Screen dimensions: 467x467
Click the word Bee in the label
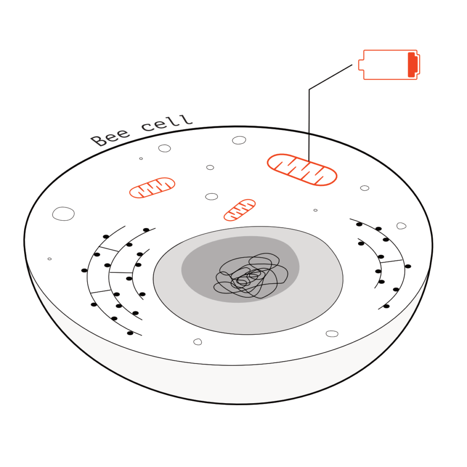pos(110,138)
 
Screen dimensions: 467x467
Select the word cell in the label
pos(167,123)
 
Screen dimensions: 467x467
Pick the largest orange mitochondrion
pos(302,170)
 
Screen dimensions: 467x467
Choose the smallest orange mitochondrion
pos(239,210)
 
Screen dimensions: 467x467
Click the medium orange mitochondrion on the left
pos(152,187)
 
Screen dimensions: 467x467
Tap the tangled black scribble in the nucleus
pos(251,276)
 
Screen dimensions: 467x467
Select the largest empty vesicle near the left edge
pos(63,213)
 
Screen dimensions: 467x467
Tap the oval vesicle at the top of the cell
pos(239,140)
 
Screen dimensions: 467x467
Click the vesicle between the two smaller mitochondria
pos(212,197)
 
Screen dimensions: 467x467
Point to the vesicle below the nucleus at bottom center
pos(198,342)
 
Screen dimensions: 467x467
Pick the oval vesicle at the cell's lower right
pos(332,333)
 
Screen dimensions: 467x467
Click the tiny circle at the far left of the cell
pos(49,259)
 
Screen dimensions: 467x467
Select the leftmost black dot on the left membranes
pos(84,270)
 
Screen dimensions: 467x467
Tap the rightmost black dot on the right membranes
pos(408,266)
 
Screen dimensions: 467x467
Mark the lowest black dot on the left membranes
pos(130,333)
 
